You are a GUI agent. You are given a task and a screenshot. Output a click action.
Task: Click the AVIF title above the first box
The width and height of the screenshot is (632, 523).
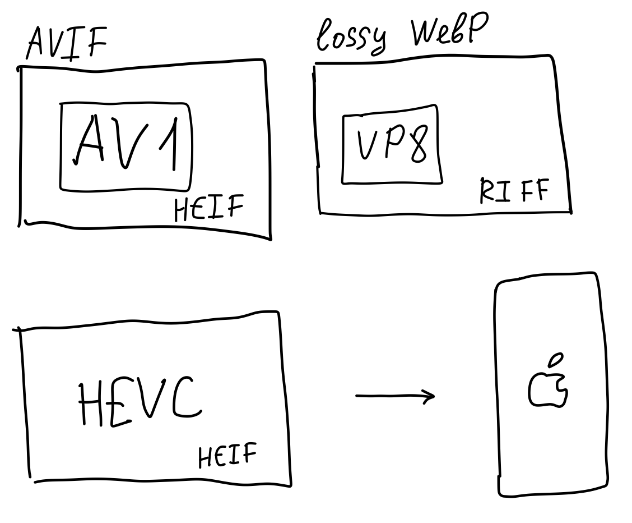pos(67,43)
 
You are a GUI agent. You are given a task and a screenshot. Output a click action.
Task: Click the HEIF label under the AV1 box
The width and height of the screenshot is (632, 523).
pos(209,208)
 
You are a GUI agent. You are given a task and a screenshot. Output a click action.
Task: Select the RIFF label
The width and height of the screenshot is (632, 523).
pos(514,190)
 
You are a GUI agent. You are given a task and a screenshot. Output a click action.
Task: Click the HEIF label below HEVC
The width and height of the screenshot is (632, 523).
pos(227,455)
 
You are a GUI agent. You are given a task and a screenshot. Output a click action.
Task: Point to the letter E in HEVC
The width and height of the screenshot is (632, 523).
pos(119,403)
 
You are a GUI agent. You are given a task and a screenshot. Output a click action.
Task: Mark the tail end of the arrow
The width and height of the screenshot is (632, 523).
pos(356,396)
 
